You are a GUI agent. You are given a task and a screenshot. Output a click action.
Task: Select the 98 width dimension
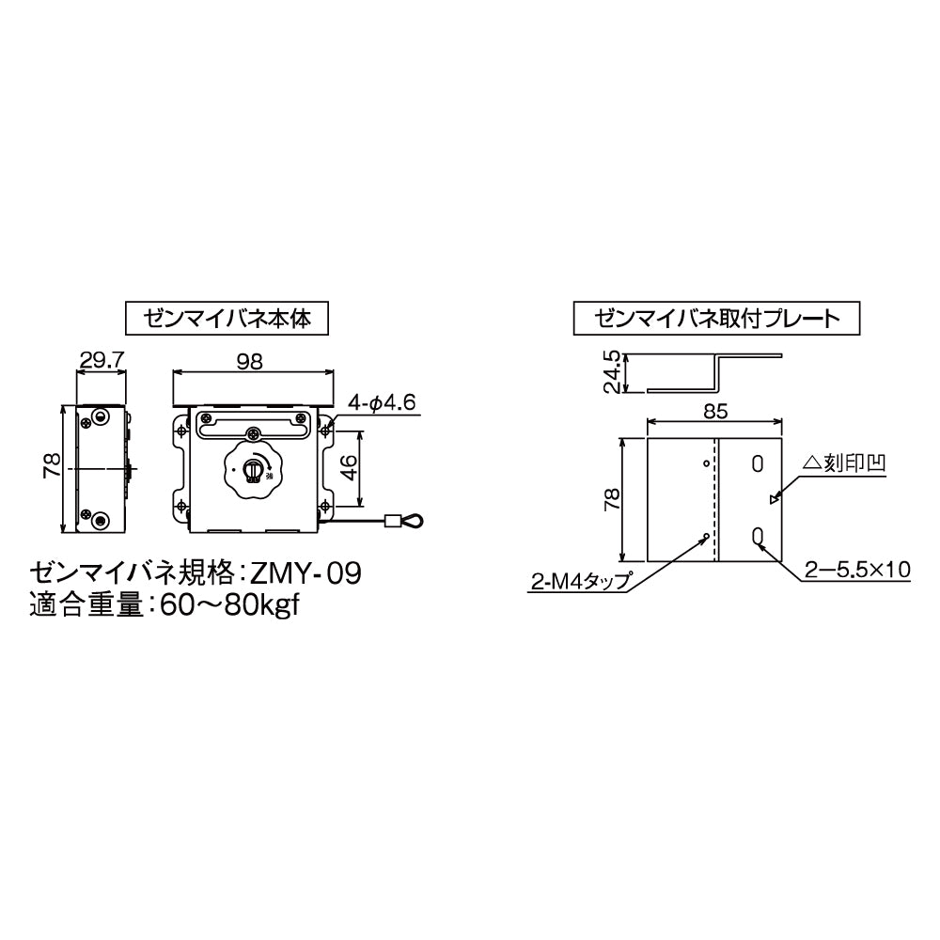tap(251, 359)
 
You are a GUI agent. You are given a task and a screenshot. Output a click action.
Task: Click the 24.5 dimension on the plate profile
tap(611, 372)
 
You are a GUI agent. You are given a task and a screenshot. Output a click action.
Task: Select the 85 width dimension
tap(715, 411)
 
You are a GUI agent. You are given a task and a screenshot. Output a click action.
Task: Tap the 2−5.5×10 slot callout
tap(856, 569)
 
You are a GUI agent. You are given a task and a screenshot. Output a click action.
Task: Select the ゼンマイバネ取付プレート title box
tap(716, 318)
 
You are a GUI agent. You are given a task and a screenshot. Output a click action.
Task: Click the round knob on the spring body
tap(251, 472)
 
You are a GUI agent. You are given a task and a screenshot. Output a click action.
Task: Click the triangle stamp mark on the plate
tap(773, 500)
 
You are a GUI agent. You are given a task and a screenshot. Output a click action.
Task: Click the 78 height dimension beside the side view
tap(53, 464)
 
